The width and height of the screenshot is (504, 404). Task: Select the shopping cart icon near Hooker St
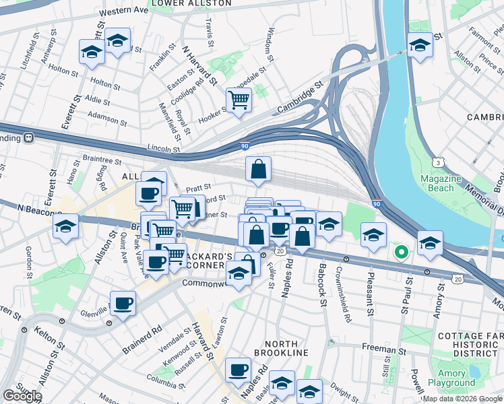point(239,100)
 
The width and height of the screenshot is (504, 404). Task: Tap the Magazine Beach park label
point(441,183)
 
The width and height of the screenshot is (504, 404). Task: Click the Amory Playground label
point(451,378)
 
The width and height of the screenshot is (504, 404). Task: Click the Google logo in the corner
point(23,396)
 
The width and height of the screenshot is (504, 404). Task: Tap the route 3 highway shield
point(439,163)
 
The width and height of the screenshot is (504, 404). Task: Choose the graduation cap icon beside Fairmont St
point(419,46)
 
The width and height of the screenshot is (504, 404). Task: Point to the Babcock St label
point(322,290)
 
